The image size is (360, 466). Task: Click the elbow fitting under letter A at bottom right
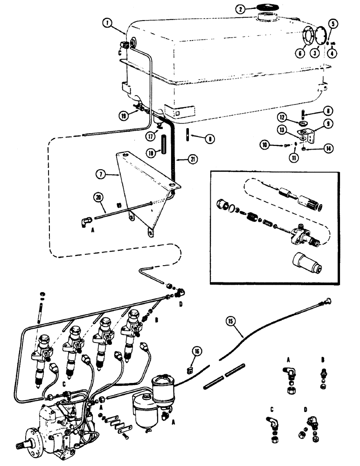(x=284, y=373)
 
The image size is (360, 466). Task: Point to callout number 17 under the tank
(x=150, y=137)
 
